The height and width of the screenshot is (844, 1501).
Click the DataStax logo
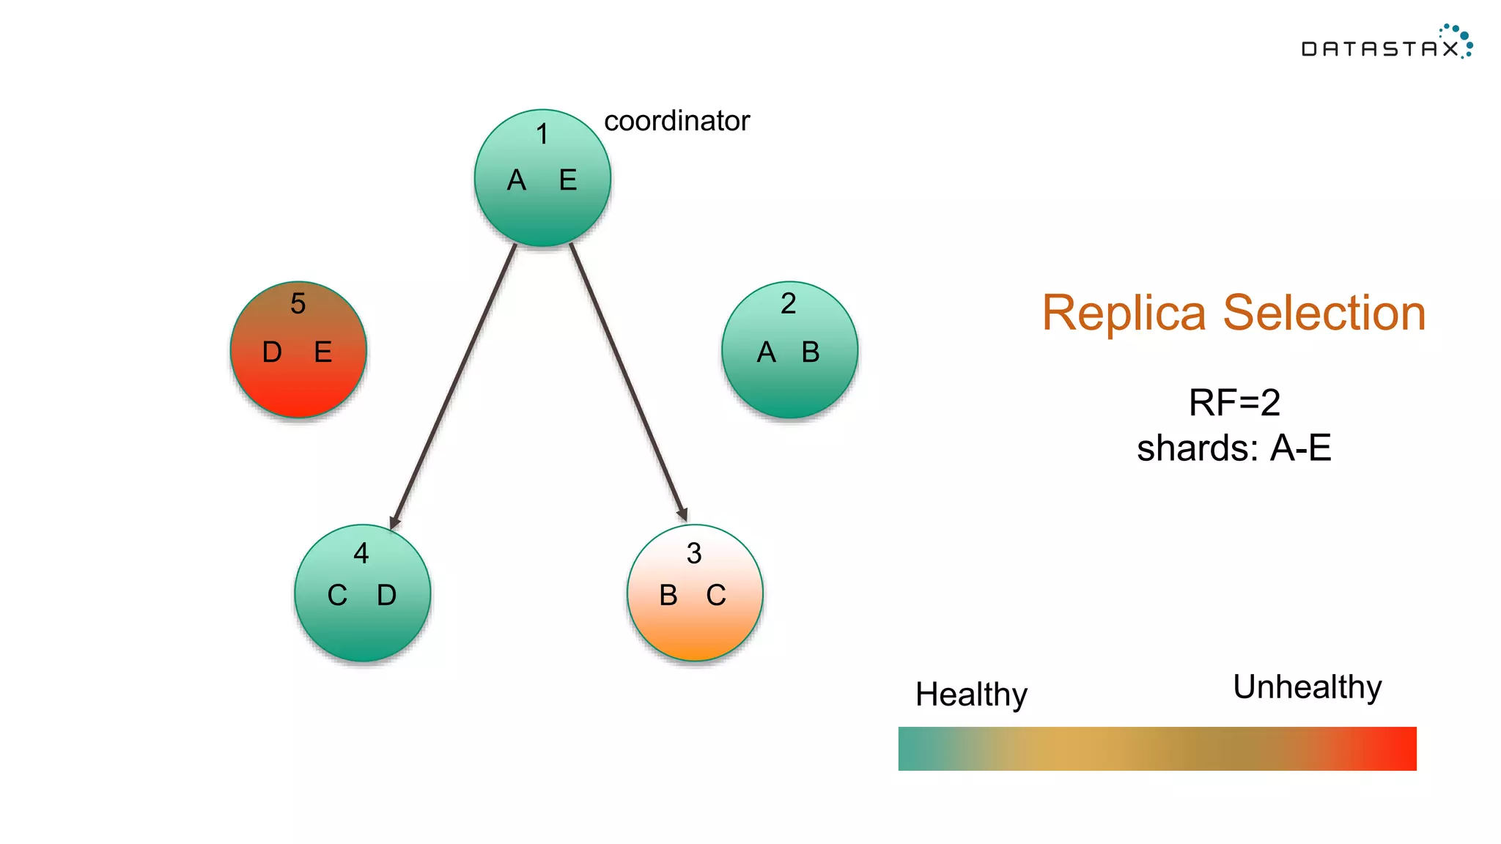coord(1385,44)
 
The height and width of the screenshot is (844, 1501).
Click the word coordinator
coord(676,121)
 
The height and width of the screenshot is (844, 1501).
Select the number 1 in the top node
coord(542,134)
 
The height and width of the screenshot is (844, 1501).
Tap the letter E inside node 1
coord(568,180)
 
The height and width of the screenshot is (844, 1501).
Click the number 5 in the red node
coord(298,303)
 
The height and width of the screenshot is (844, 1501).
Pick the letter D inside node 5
coord(272,352)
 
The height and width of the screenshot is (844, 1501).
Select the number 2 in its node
coord(788,303)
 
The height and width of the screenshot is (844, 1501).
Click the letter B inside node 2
coord(810,352)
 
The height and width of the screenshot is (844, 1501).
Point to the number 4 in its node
coord(361,553)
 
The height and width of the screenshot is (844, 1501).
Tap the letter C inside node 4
coord(337,596)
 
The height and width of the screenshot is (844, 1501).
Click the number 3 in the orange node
coord(694,553)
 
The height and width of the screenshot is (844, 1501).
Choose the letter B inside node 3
coord(668,596)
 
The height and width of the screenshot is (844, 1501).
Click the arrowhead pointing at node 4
coord(395,522)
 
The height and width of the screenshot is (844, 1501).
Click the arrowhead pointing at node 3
coord(682,514)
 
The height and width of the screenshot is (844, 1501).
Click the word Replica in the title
coord(1124,314)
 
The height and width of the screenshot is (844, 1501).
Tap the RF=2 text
coord(1234,403)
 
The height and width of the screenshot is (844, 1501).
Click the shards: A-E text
coord(1234,448)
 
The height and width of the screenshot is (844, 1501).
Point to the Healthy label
coord(971,694)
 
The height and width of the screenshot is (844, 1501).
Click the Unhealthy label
coord(1308,687)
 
